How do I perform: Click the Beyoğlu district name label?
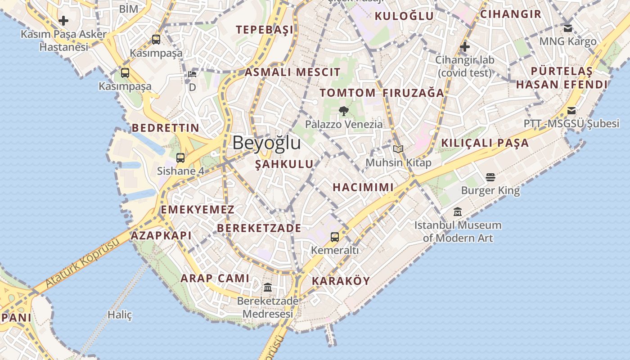pyautogui.click(x=266, y=143)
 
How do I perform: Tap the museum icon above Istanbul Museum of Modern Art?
pyautogui.click(x=458, y=211)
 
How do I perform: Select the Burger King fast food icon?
pyautogui.click(x=490, y=177)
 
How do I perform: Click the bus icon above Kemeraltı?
pyautogui.click(x=335, y=237)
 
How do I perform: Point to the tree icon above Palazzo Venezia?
pyautogui.click(x=344, y=111)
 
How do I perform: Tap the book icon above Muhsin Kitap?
pyautogui.click(x=398, y=149)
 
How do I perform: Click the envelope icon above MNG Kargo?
pyautogui.click(x=568, y=28)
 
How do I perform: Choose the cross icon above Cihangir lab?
pyautogui.click(x=465, y=46)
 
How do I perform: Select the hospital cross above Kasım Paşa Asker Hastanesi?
pyautogui.click(x=63, y=20)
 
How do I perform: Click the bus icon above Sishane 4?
pyautogui.click(x=180, y=157)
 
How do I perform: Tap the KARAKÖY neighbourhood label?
pyautogui.click(x=341, y=281)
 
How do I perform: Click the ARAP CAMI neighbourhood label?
pyautogui.click(x=215, y=278)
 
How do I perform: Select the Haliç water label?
pyautogui.click(x=120, y=315)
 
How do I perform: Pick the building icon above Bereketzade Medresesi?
pyautogui.click(x=268, y=287)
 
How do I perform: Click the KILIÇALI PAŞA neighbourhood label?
pyautogui.click(x=485, y=143)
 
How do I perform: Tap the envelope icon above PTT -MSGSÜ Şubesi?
pyautogui.click(x=571, y=110)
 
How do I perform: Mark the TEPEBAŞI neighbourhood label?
pyautogui.click(x=265, y=30)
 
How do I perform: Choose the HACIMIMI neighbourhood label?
pyautogui.click(x=363, y=187)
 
